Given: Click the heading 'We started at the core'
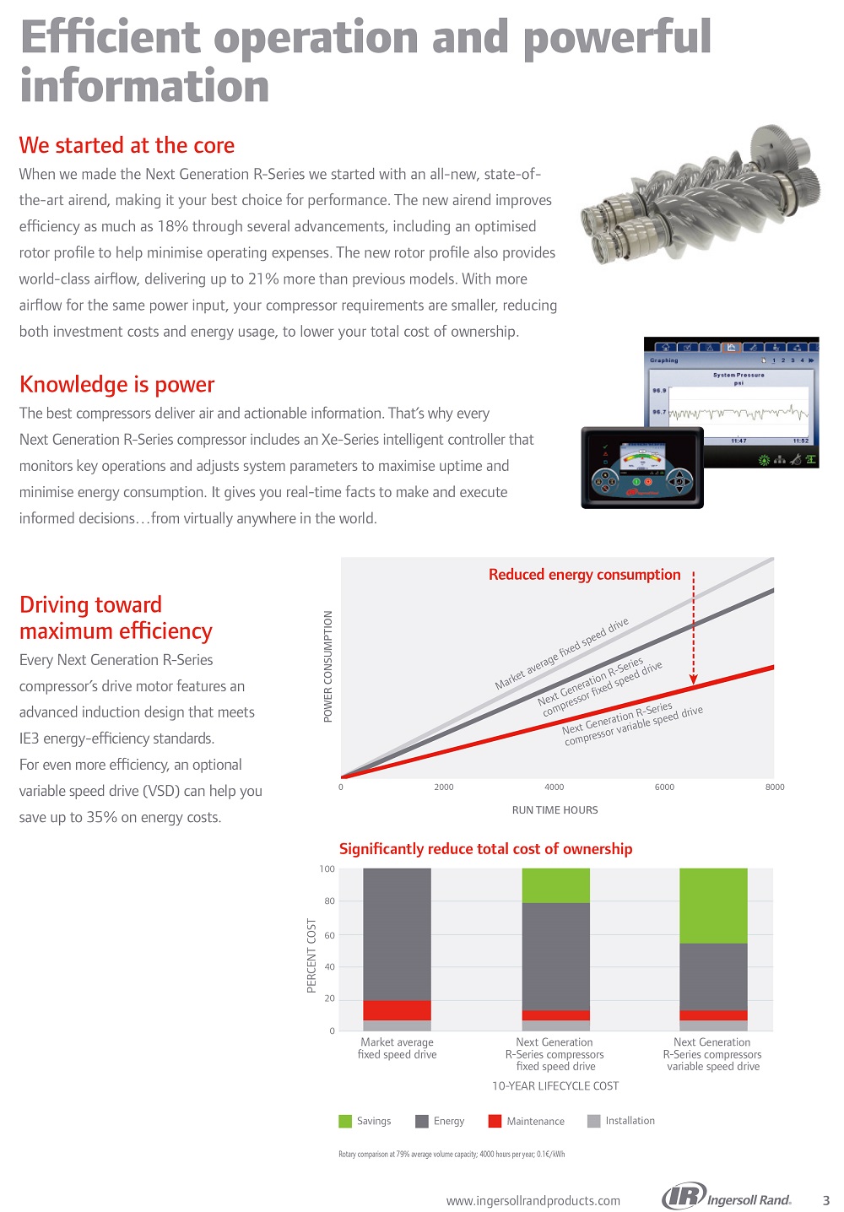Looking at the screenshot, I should point(127,145).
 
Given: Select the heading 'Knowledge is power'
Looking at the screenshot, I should point(116,385).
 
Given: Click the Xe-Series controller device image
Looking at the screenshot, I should point(641,468).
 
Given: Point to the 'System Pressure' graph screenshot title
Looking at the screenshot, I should point(738,375).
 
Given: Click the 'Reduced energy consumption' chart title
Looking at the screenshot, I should point(584,575).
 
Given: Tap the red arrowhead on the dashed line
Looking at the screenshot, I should point(694,679).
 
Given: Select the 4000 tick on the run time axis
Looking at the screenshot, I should point(554,787).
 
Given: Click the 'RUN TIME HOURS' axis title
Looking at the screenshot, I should point(555,810).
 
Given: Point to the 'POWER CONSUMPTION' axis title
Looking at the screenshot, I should point(328,666).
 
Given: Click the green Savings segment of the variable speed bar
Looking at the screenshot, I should point(713,905).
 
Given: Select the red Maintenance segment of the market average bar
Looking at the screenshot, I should point(397,1010).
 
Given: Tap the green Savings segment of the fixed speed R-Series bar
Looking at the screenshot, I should point(555,885).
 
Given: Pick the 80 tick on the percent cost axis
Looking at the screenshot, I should point(328,901).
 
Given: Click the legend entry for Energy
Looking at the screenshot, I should point(440,1121).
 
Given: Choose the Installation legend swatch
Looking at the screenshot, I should point(593,1121).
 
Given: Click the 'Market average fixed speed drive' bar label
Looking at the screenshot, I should point(397,1048).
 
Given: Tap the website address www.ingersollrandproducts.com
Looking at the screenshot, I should point(533,1200).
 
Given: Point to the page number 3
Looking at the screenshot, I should point(825,1200).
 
